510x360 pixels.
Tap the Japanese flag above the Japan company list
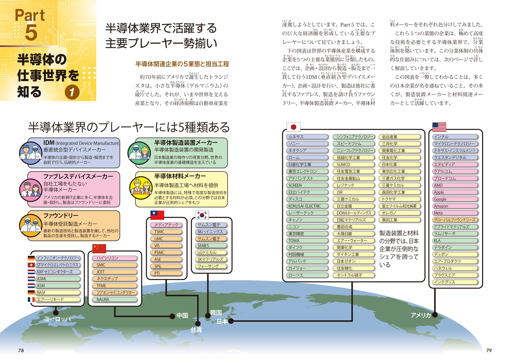point(293,127)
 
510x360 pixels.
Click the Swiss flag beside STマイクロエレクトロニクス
point(31,265)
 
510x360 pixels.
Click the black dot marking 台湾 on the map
point(198,323)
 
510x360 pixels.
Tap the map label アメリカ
point(420,315)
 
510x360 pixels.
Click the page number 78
point(21,350)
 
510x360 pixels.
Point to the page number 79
point(488,350)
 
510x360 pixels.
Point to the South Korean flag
point(202,215)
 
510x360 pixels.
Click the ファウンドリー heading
point(61,216)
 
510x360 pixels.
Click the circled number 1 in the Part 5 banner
point(72,92)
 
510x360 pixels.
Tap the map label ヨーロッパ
point(58,319)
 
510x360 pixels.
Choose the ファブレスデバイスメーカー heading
point(78,176)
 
